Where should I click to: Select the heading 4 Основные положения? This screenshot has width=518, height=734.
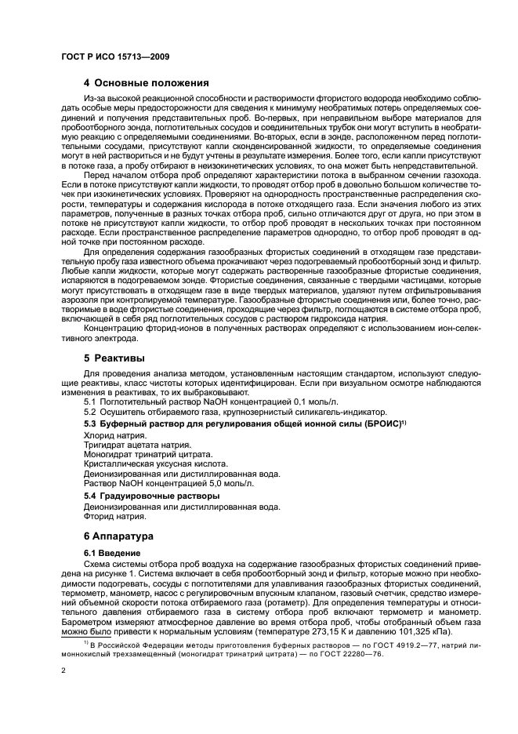146,83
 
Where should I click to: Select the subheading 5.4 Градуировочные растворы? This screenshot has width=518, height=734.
151,496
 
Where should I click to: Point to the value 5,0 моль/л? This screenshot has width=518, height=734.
231,485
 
